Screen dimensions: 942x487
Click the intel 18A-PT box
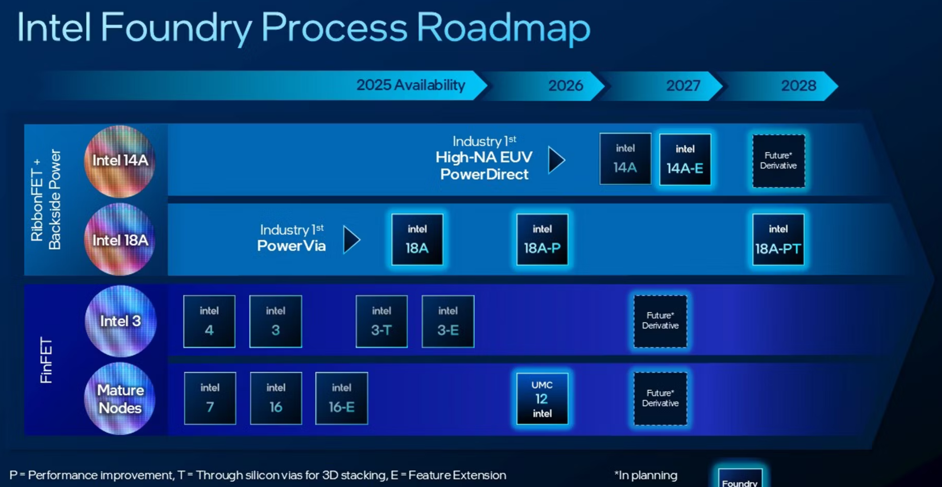click(778, 240)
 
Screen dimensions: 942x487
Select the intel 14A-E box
click(685, 160)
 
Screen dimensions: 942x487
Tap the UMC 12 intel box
click(542, 399)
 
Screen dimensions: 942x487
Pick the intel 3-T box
click(381, 321)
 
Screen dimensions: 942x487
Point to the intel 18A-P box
click(542, 240)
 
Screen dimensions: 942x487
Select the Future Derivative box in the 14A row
click(779, 161)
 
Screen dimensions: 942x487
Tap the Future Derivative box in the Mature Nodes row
click(660, 399)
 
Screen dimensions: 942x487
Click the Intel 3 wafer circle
click(120, 321)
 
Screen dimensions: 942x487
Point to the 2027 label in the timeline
click(683, 85)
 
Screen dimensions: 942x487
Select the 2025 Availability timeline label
click(411, 85)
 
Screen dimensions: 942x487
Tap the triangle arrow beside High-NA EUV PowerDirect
click(556, 160)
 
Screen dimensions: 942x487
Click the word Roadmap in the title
click(503, 28)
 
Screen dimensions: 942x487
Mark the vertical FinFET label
click(46, 360)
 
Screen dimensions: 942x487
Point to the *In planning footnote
click(646, 475)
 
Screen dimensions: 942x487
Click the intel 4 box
click(209, 321)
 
